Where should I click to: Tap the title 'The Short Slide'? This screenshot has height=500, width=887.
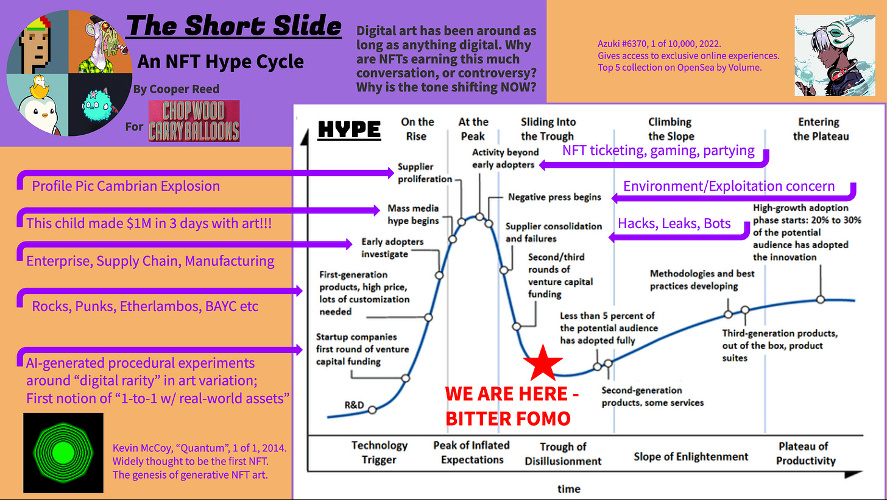[x=234, y=26]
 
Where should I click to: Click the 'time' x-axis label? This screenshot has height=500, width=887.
[x=568, y=488]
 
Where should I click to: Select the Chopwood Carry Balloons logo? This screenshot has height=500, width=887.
[x=193, y=121]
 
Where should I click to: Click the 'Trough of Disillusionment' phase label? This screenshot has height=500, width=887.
[x=563, y=454]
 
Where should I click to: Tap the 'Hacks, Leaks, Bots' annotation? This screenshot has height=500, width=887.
[x=674, y=223]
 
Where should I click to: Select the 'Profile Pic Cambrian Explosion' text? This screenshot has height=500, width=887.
[x=125, y=185]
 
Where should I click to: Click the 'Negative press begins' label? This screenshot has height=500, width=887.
[x=554, y=197]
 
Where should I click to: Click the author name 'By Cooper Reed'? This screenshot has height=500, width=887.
[x=176, y=89]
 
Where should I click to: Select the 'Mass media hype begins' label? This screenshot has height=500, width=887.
[x=412, y=214]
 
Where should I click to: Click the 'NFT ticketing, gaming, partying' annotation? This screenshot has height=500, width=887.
[x=658, y=150]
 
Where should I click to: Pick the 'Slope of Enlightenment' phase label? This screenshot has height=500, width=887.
[x=691, y=456]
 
